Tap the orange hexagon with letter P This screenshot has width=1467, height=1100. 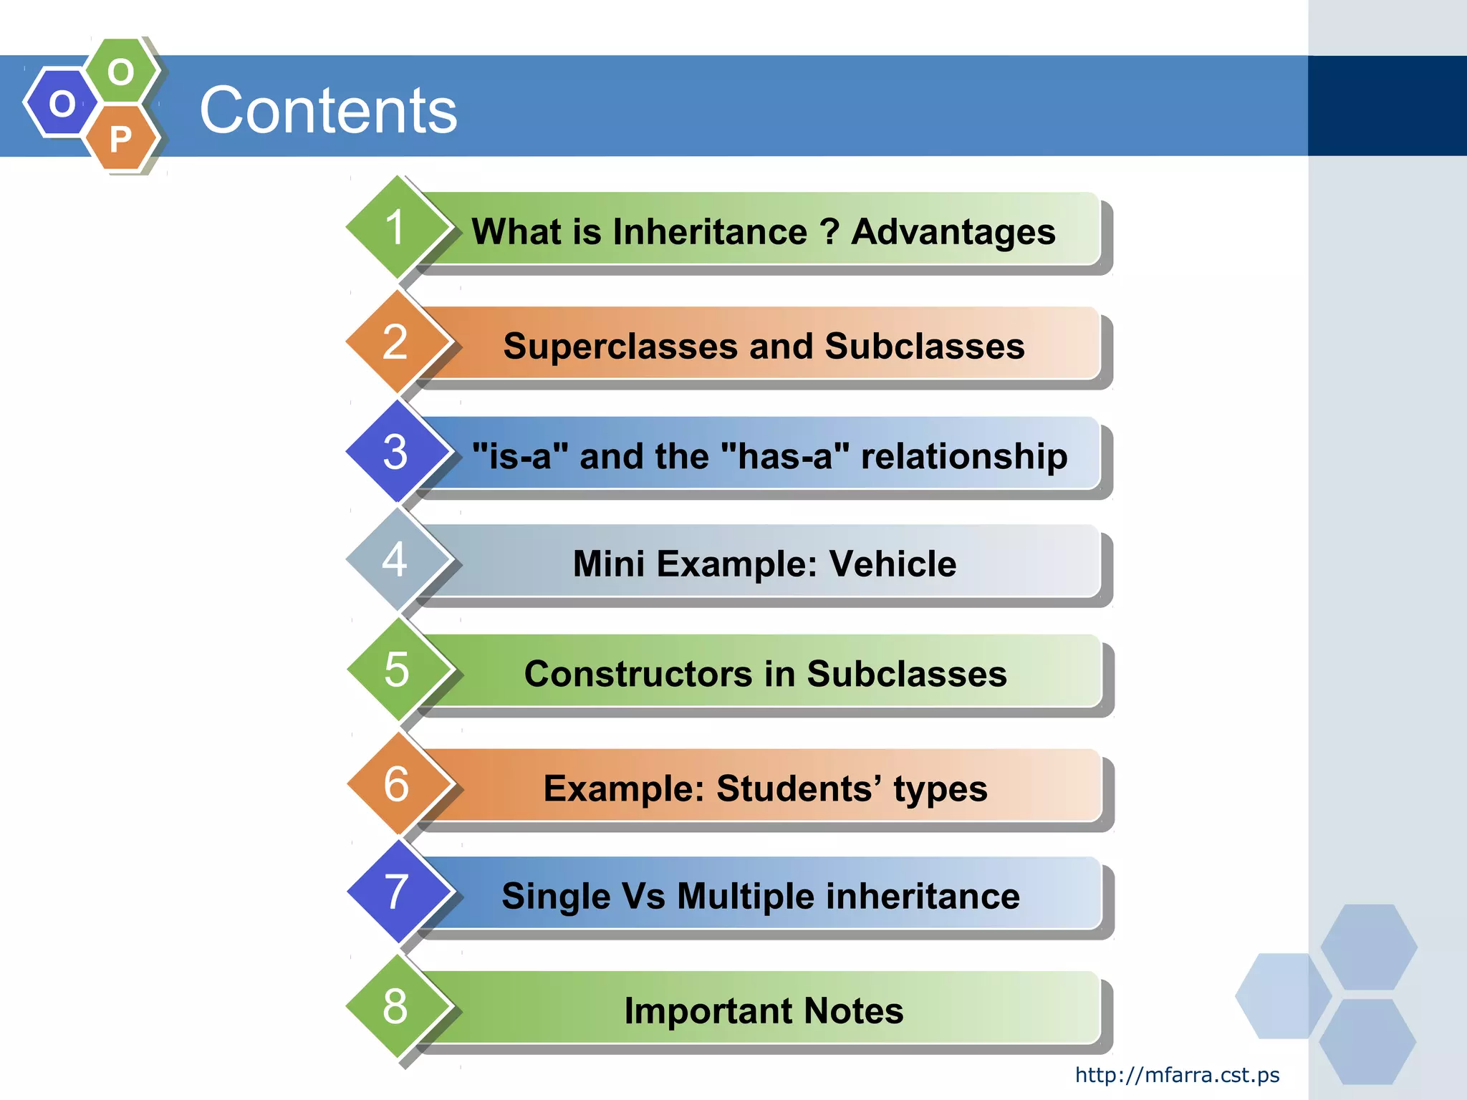(121, 138)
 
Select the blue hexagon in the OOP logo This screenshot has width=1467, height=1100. (62, 103)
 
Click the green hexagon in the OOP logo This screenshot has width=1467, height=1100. (121, 72)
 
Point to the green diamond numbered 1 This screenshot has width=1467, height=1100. (395, 228)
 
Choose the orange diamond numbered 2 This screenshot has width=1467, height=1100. (395, 342)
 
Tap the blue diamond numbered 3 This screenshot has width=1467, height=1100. (395, 452)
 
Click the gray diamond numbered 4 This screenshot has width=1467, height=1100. (395, 560)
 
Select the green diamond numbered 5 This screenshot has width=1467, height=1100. (396, 670)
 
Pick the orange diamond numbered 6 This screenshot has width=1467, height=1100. (396, 783)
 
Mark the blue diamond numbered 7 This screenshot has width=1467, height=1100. (396, 892)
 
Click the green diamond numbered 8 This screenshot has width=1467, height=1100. (395, 1006)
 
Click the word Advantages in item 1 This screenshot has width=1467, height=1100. (953, 232)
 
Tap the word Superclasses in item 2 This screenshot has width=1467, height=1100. (621, 347)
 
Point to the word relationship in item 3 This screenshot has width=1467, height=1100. (963, 456)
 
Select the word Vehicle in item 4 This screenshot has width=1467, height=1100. (893, 564)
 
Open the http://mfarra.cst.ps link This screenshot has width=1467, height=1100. (1177, 1075)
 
